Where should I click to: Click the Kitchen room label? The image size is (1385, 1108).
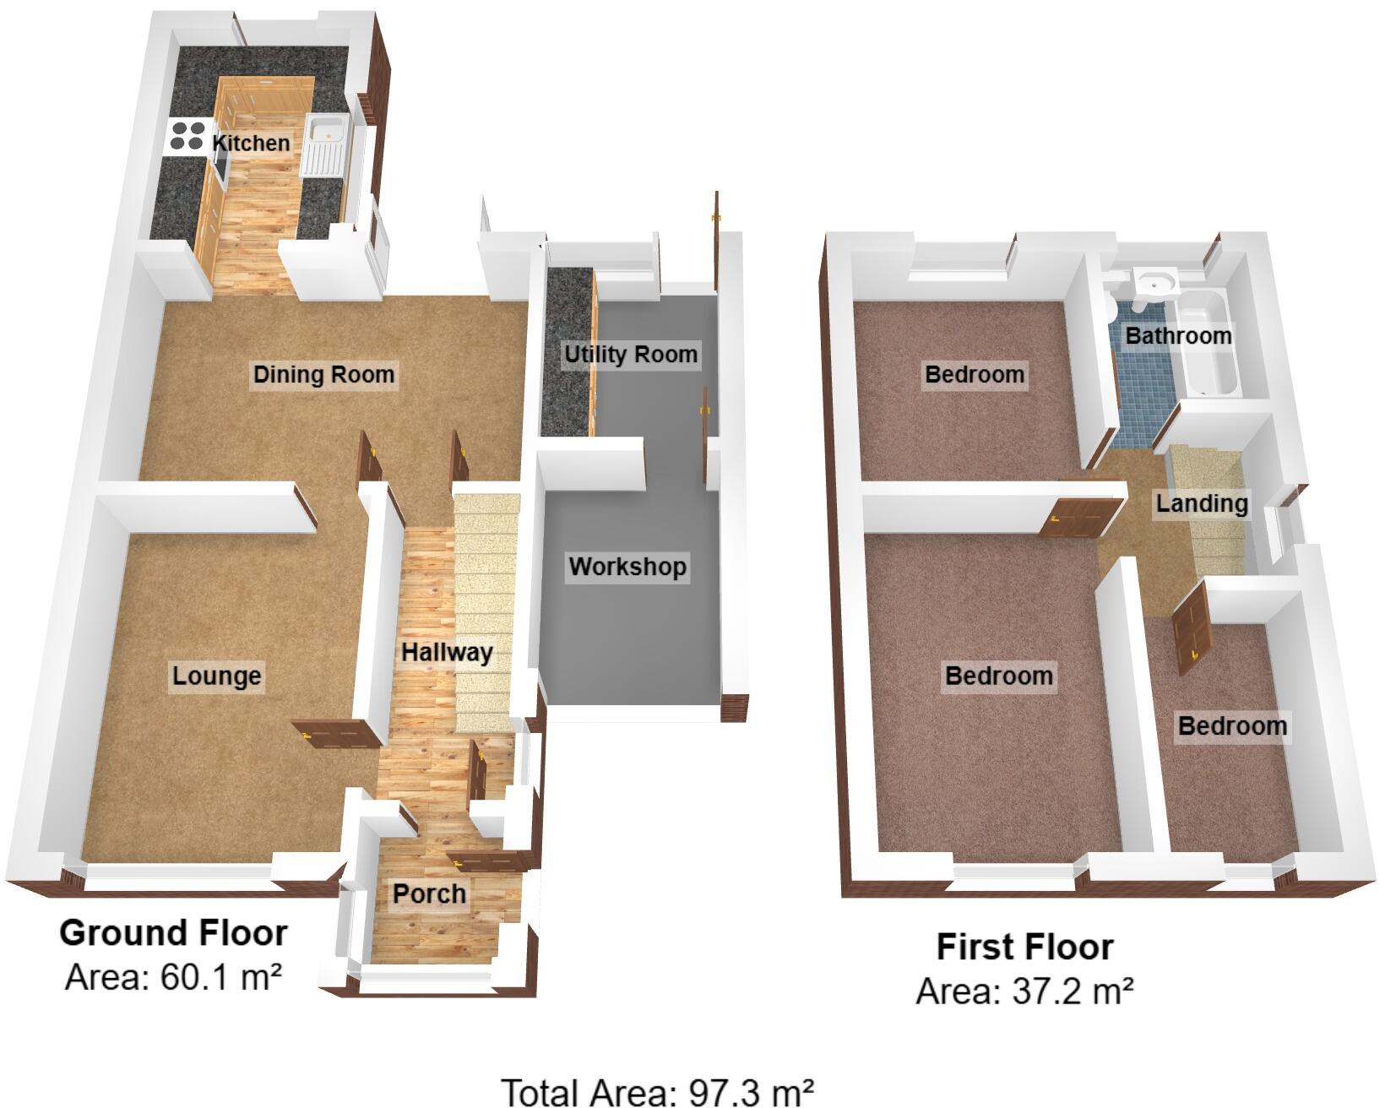coord(251,143)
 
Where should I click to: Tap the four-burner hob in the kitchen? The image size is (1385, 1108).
coord(187,136)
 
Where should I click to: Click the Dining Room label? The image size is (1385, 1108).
coord(323,374)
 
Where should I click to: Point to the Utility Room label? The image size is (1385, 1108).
coord(631,354)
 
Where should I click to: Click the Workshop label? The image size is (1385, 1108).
coord(627,566)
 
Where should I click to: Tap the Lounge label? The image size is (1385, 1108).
coord(216,676)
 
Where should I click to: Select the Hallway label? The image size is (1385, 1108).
coord(446,652)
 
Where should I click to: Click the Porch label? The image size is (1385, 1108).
coord(429,893)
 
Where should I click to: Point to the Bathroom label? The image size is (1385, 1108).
coord(1178,335)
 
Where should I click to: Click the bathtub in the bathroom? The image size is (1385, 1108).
coord(1208,346)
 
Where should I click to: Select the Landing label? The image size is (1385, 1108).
coord(1201,503)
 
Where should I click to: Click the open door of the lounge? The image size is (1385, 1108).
coord(331,735)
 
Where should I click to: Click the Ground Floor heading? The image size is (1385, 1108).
coord(173,933)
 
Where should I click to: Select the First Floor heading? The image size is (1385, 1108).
coord(1024,947)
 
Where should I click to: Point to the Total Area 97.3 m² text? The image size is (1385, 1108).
coord(658,1091)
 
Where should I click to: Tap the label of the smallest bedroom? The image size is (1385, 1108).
coord(1232,725)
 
